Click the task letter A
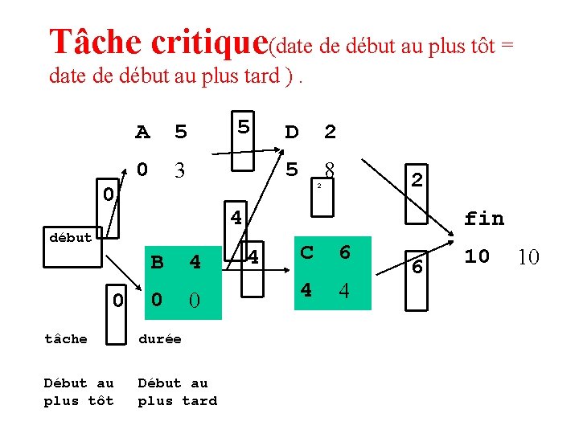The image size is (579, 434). pyautogui.click(x=142, y=131)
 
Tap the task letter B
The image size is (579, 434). pyautogui.click(x=158, y=262)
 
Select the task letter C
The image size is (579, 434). pyautogui.click(x=307, y=252)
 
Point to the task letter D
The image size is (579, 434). pyautogui.click(x=292, y=131)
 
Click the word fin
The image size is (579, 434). pyautogui.click(x=484, y=218)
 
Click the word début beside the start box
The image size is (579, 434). pyautogui.click(x=71, y=237)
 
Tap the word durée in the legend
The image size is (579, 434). pyautogui.click(x=159, y=339)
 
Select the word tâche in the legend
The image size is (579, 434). pyautogui.click(x=66, y=339)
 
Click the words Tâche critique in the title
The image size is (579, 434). pyautogui.click(x=158, y=41)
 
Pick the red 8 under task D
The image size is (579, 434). pyautogui.click(x=329, y=170)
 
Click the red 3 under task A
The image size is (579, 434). pyautogui.click(x=180, y=170)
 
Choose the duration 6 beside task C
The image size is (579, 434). pyautogui.click(x=344, y=252)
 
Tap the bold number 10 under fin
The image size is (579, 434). pyautogui.click(x=477, y=256)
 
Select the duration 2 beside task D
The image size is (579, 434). pyautogui.click(x=330, y=131)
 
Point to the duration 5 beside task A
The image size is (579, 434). pyautogui.click(x=180, y=131)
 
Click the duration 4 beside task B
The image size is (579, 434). pyautogui.click(x=195, y=262)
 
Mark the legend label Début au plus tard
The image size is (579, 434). pyautogui.click(x=177, y=392)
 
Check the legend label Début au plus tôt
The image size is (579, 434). pyautogui.click(x=79, y=392)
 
